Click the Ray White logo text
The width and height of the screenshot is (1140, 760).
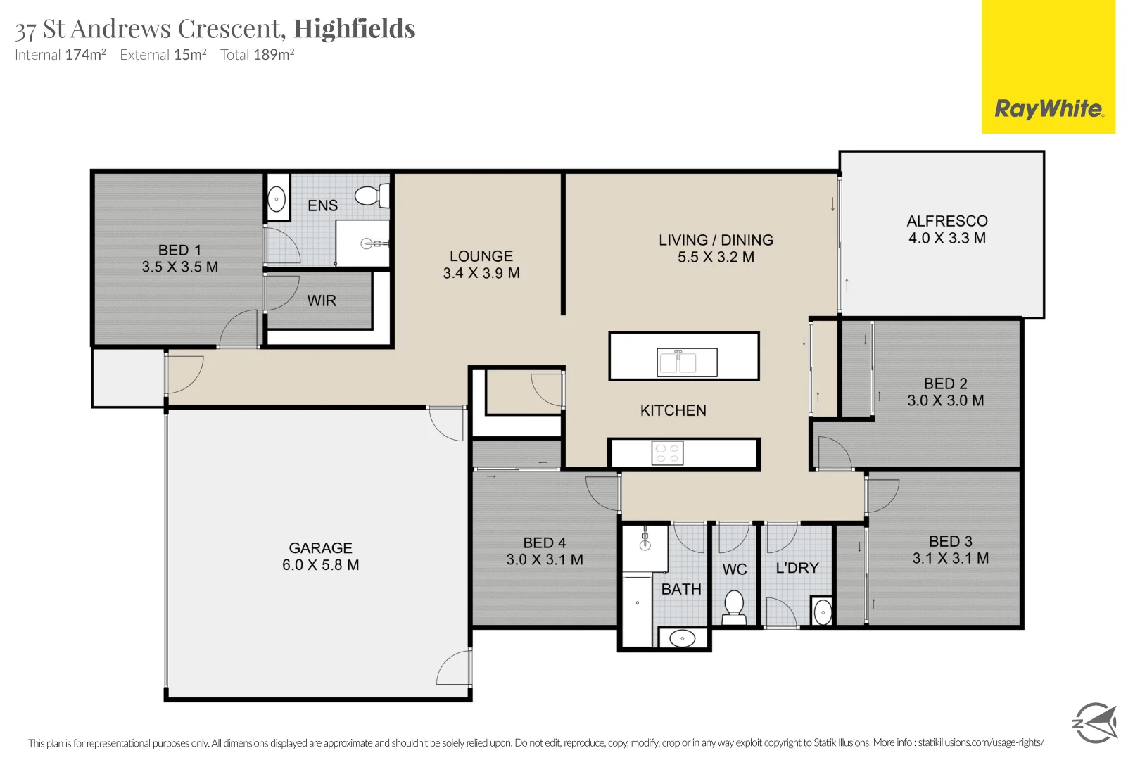[1049, 109]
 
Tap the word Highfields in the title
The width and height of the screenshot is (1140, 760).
[354, 29]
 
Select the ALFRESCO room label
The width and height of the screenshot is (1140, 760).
[947, 221]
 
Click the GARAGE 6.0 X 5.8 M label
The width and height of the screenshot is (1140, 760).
[321, 557]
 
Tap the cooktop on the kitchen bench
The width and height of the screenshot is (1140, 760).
[667, 453]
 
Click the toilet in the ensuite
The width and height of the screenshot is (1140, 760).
[371, 195]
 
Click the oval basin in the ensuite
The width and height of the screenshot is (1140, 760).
[277, 198]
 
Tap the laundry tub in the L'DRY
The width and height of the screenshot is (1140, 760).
[822, 612]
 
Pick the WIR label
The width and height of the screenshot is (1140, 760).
[322, 300]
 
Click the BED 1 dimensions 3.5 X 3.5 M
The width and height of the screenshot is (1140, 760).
[180, 267]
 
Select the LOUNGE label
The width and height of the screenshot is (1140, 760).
[481, 256]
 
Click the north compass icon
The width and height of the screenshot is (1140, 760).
[1094, 722]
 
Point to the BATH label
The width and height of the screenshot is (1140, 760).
[681, 589]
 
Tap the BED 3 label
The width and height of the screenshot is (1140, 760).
[950, 541]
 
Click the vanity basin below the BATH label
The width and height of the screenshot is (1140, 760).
[682, 638]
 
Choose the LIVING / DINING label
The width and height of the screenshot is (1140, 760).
[716, 240]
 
